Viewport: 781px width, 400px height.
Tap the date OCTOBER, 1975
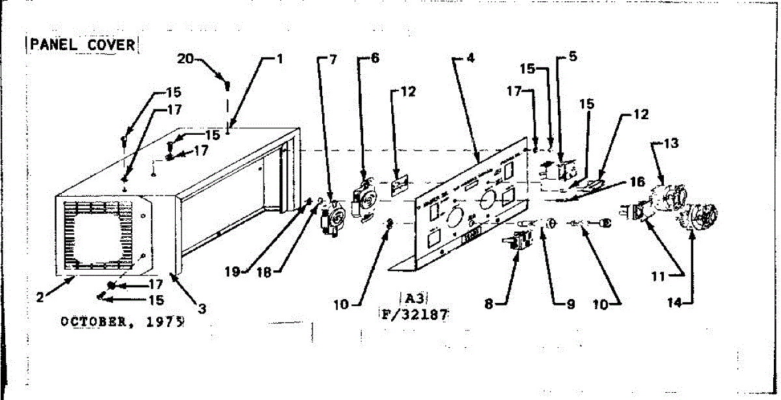[x=121, y=321]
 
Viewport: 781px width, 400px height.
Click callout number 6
[x=375, y=58]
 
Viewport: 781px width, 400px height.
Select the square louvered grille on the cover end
[x=103, y=235]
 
